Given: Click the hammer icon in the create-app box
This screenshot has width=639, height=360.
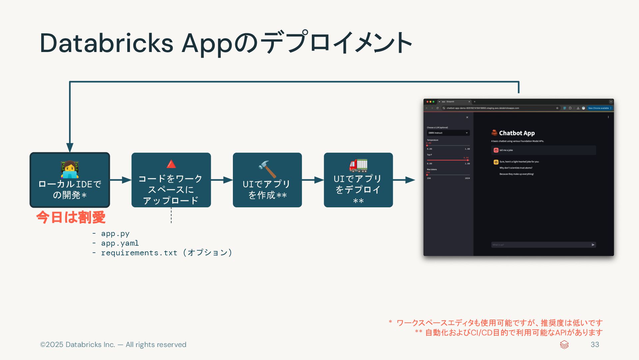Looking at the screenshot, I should click(x=267, y=169).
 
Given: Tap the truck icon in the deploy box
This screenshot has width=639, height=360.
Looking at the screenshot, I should click(x=358, y=166).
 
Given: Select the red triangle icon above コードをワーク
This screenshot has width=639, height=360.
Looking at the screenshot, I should click(x=171, y=164).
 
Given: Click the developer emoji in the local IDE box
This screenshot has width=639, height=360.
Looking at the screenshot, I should click(x=70, y=169).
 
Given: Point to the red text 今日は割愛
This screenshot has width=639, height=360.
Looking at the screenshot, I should click(x=71, y=217).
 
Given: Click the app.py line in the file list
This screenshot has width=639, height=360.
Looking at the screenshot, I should click(x=115, y=234).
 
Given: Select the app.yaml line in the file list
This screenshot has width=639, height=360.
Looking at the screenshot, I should click(x=120, y=243).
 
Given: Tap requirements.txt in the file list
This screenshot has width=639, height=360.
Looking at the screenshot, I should click(x=139, y=253).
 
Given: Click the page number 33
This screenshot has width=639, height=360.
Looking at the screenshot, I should click(x=595, y=345).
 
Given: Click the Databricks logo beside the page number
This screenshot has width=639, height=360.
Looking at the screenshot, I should click(x=564, y=345).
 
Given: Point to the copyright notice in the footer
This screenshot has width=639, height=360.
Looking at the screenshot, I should click(x=113, y=345).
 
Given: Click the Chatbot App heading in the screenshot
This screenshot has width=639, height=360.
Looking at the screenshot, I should click(x=516, y=133).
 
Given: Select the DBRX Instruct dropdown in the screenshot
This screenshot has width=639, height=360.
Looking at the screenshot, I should click(x=448, y=133).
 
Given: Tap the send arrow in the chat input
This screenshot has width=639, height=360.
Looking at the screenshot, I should click(x=593, y=245).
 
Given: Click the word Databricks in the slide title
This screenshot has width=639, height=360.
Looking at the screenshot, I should click(x=106, y=43).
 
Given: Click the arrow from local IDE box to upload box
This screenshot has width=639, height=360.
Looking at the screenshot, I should click(x=121, y=180).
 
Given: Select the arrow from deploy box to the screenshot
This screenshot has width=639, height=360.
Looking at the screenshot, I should click(x=404, y=180).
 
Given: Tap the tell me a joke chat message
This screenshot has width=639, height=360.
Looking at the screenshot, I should click(x=506, y=150).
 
